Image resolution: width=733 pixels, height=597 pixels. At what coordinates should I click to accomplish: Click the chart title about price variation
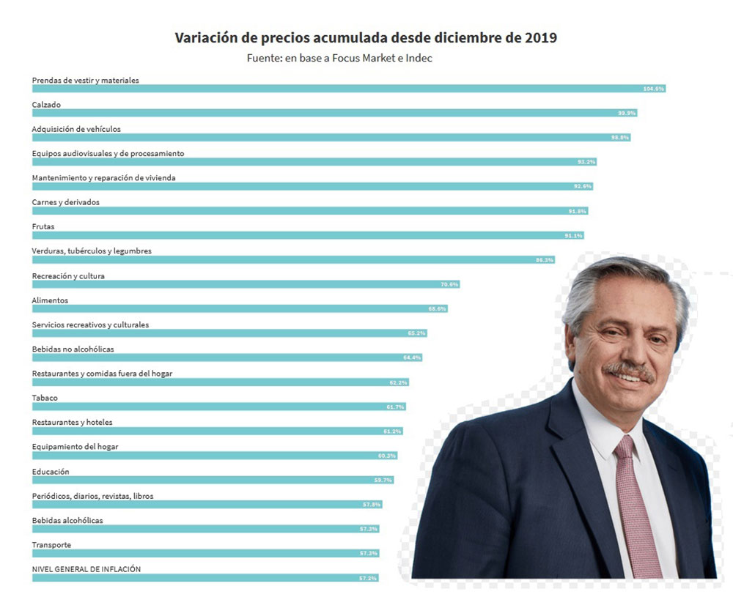pyautogui.click(x=366, y=37)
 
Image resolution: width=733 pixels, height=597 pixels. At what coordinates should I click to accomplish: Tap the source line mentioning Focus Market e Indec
pyautogui.click(x=339, y=58)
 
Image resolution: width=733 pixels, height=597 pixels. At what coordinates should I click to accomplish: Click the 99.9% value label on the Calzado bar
pyautogui.click(x=627, y=113)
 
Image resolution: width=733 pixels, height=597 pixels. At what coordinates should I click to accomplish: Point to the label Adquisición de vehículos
pyautogui.click(x=76, y=129)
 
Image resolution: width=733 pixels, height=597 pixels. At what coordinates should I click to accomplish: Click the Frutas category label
pyautogui.click(x=43, y=226)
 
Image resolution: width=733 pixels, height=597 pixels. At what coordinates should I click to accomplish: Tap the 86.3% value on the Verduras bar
pyautogui.click(x=545, y=260)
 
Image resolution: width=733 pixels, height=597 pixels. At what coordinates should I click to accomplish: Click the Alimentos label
pyautogui.click(x=50, y=300)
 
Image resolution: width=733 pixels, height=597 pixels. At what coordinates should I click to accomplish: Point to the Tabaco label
pyautogui.click(x=45, y=398)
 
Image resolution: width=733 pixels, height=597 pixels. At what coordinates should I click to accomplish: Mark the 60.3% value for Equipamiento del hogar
pyautogui.click(x=387, y=456)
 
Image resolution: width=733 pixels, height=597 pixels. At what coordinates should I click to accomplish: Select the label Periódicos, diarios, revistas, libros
pyautogui.click(x=92, y=496)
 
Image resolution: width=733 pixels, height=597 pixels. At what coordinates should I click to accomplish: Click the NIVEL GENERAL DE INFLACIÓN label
pyautogui.click(x=86, y=569)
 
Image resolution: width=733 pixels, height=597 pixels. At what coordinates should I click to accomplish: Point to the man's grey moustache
pyautogui.click(x=628, y=370)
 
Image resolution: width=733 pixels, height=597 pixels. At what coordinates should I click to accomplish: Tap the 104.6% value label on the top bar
pyautogui.click(x=654, y=89)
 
